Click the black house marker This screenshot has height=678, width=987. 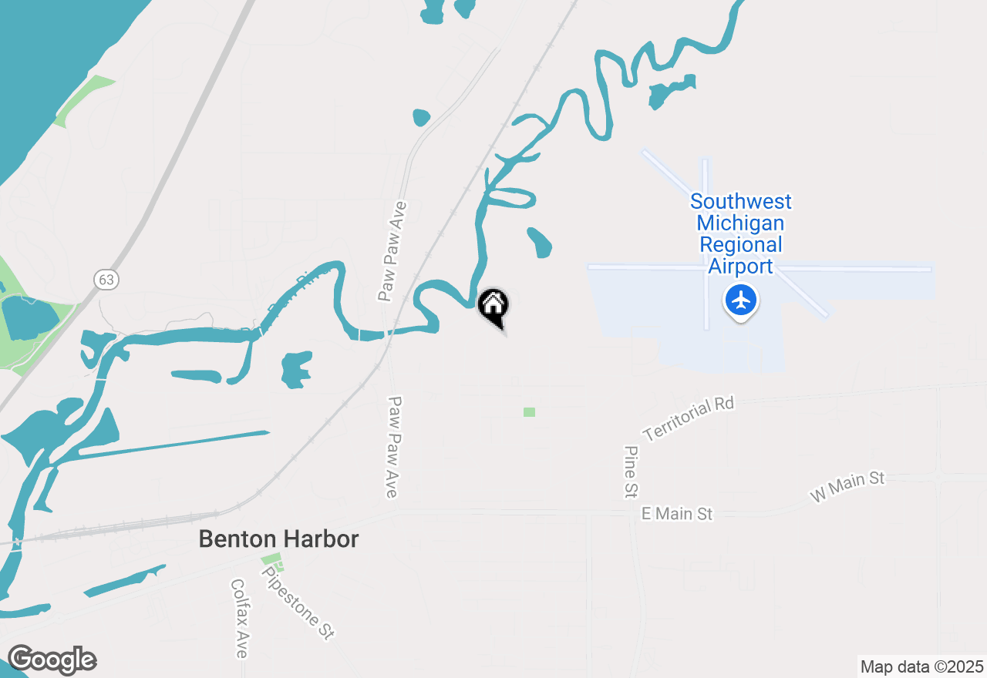click(493, 305)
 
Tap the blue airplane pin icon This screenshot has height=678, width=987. click(741, 300)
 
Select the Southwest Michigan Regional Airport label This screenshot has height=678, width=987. click(740, 233)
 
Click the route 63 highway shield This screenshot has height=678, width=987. click(106, 279)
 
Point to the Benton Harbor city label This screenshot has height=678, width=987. click(278, 539)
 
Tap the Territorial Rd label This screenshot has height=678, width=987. click(688, 419)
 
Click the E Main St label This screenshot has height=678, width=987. click(677, 513)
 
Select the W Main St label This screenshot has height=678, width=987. click(847, 487)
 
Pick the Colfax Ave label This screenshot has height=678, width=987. click(240, 619)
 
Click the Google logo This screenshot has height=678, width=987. click(52, 660)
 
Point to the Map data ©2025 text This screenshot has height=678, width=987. click(921, 666)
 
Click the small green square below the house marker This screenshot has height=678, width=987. click(529, 412)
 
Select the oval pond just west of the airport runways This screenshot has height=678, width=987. click(540, 242)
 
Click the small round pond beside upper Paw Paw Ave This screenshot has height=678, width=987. click(421, 117)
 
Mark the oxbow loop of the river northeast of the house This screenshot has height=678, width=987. click(510, 198)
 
